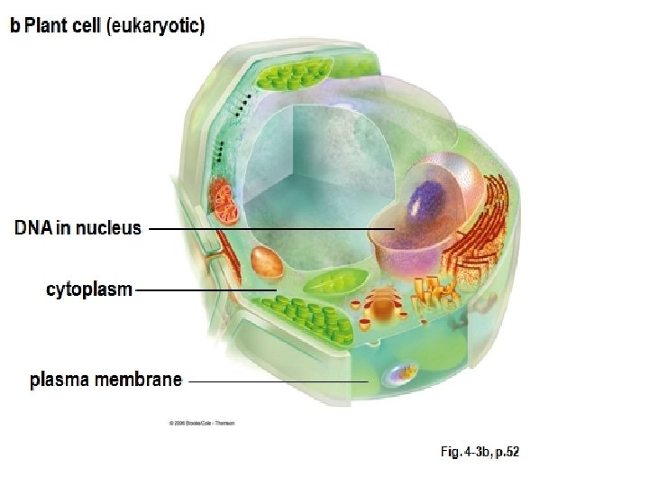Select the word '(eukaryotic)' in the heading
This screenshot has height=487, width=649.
155,26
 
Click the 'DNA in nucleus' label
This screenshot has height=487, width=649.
78,227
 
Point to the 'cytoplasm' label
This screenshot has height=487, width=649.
89,289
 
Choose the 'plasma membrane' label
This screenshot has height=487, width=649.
105,380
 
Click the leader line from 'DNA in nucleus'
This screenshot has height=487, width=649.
270,229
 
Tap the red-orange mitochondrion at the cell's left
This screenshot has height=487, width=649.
224,201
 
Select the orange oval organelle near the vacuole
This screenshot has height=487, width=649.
267,262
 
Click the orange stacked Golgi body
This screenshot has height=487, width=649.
385,306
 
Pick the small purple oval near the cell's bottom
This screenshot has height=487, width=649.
402,371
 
